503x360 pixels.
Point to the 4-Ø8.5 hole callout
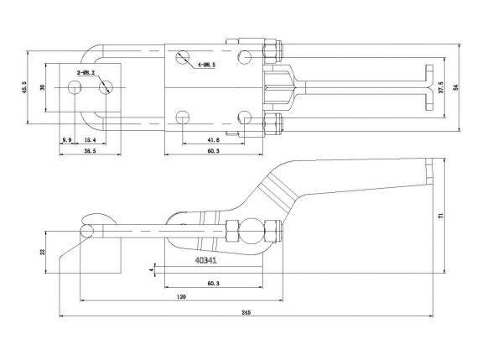[206, 65]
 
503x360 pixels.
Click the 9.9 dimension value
[67, 138]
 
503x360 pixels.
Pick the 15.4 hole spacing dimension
[90, 138]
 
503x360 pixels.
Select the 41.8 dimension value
[213, 139]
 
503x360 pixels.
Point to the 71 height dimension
[441, 217]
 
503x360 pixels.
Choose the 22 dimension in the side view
[42, 251]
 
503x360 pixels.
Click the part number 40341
[205, 261]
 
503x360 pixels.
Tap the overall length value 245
[246, 312]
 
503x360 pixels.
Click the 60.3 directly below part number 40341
[212, 284]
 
